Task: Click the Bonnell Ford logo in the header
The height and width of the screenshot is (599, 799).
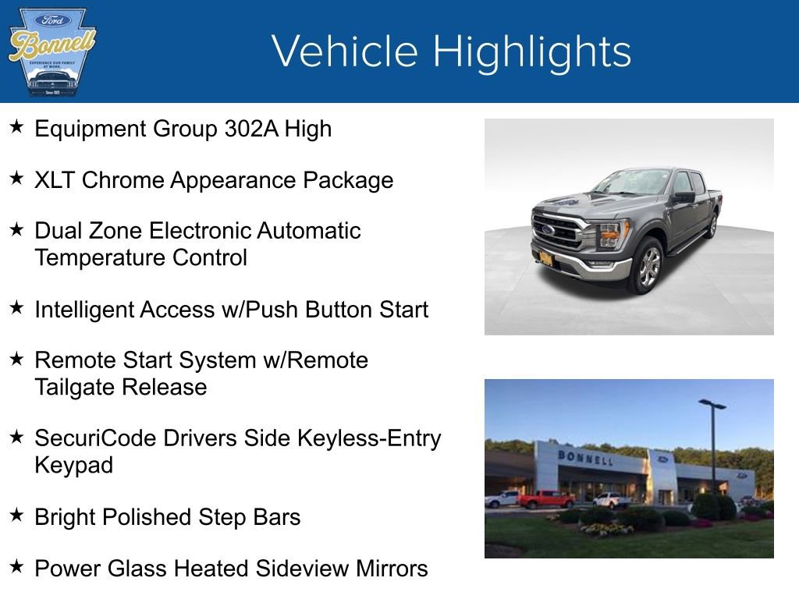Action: tap(51, 51)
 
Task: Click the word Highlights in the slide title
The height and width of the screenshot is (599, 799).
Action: tap(531, 52)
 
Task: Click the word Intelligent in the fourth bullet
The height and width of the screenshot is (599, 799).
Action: tap(83, 310)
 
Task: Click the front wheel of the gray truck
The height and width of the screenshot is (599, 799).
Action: tap(648, 266)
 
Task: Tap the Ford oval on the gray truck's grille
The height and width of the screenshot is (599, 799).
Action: tap(549, 230)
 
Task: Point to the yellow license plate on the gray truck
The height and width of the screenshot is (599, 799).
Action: tap(546, 259)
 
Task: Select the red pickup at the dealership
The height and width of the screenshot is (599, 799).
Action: tap(545, 499)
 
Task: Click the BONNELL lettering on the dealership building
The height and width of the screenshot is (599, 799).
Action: tap(585, 457)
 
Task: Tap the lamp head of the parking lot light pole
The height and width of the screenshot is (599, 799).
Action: tap(712, 403)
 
